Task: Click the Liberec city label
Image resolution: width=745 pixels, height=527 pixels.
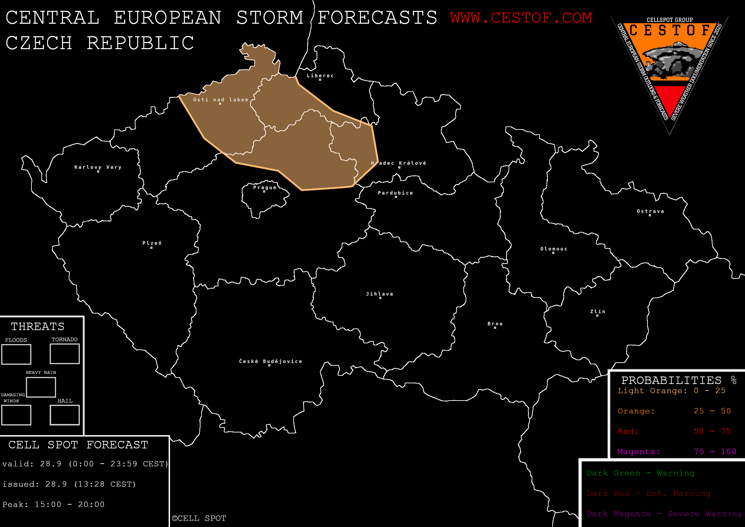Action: tap(320, 76)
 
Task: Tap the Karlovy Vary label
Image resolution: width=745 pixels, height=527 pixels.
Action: tap(98, 167)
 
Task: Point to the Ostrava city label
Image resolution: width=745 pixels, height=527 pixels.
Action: tap(650, 211)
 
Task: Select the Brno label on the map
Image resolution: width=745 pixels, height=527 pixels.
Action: tap(495, 324)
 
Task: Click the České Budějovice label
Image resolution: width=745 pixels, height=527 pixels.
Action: tap(271, 361)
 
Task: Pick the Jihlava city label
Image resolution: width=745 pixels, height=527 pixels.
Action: tap(380, 294)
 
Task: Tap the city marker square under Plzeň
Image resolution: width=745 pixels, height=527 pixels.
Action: tap(151, 248)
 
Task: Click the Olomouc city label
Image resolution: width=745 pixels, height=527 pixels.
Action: tap(554, 249)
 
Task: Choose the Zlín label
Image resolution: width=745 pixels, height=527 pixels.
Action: tap(598, 311)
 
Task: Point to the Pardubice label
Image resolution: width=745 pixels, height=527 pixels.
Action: tap(396, 193)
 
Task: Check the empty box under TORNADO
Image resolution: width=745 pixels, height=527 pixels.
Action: tap(65, 354)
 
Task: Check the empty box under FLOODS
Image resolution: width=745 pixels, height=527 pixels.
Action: tap(16, 354)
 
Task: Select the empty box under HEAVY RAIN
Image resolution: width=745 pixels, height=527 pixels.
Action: tap(41, 387)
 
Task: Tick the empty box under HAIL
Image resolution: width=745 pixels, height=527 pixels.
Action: tap(65, 415)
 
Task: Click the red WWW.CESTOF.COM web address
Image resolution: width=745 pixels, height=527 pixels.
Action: tap(521, 18)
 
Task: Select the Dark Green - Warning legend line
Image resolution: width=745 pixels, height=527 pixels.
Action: tap(640, 473)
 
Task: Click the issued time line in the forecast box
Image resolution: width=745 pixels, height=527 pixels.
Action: tap(69, 484)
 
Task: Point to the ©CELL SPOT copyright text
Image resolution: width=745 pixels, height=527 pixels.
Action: tap(199, 518)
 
